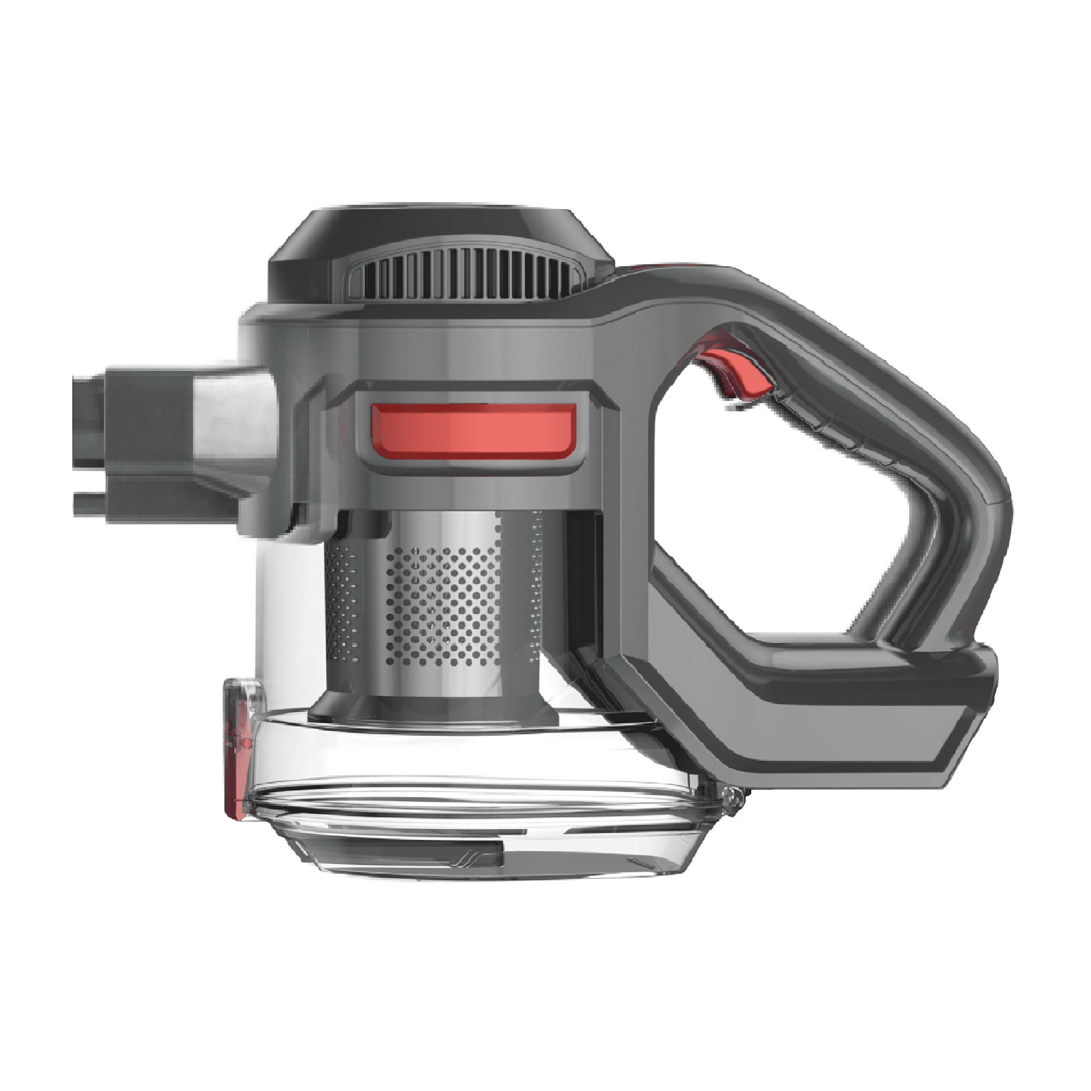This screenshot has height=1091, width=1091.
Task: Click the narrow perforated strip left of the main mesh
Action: [x=341, y=604]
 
